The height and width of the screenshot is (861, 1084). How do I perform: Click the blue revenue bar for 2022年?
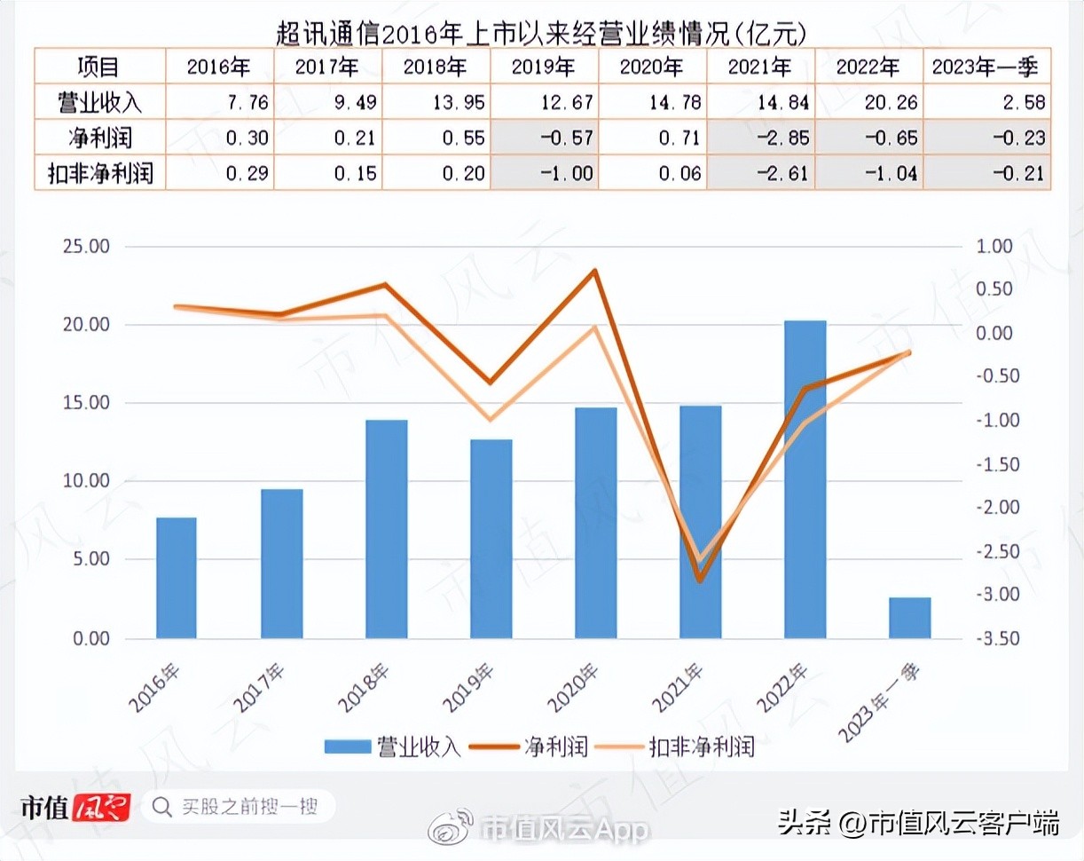(805, 479)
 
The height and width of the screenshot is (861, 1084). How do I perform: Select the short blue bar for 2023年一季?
(909, 618)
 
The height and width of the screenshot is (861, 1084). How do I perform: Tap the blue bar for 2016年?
(176, 578)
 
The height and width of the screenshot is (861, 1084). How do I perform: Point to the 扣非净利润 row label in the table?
(99, 172)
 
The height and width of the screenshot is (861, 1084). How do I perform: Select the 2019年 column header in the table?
(545, 67)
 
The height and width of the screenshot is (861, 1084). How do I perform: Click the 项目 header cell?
(99, 67)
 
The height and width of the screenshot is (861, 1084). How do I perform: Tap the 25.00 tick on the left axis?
(86, 247)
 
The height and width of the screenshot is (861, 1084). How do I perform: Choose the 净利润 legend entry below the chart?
(532, 746)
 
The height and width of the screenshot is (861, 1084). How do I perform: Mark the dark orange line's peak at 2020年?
(595, 271)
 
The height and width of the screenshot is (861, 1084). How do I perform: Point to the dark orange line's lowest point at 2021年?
(700, 581)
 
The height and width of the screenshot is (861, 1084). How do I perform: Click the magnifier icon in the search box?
(162, 807)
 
